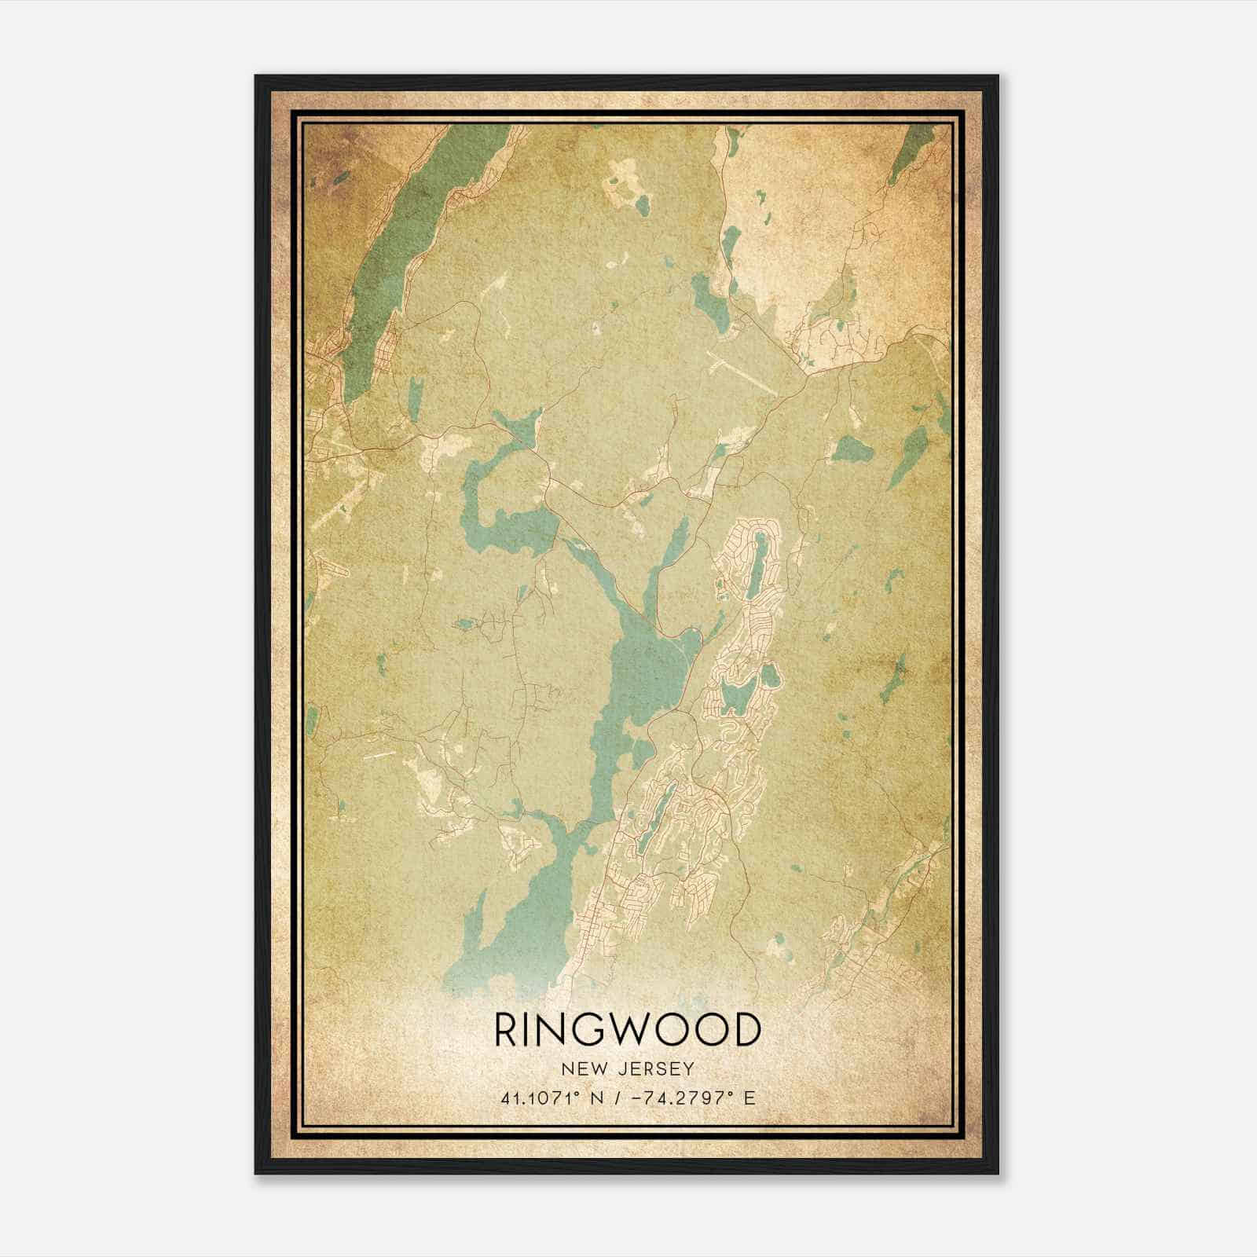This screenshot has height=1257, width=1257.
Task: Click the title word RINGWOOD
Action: pos(628,1030)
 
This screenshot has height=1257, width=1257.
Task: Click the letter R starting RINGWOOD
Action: pos(505,1030)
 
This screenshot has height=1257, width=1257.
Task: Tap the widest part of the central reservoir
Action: pos(644,668)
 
